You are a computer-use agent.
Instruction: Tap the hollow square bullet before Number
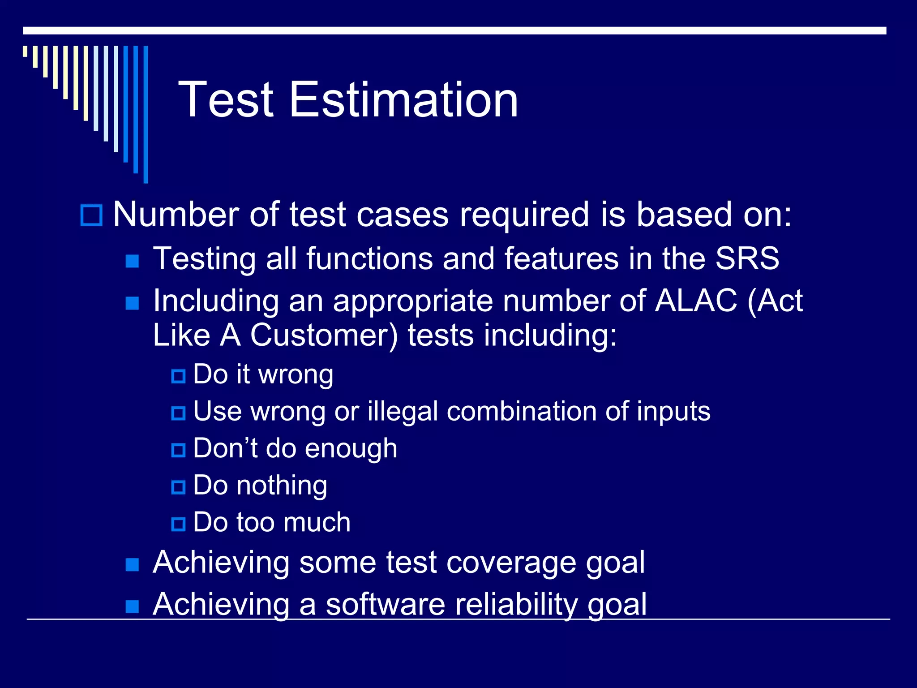pyautogui.click(x=91, y=215)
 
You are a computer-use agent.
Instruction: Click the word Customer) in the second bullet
pyautogui.click(x=324, y=335)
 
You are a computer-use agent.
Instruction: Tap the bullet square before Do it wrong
pyautogui.click(x=178, y=376)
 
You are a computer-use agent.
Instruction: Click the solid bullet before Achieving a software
pyautogui.click(x=132, y=606)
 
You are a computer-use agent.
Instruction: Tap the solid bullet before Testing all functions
pyautogui.click(x=132, y=261)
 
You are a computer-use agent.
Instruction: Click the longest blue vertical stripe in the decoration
pyautogui.click(x=146, y=114)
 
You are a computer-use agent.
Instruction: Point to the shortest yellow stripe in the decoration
pyautogui.click(x=25, y=51)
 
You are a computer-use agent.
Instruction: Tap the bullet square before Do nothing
pyautogui.click(x=178, y=487)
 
